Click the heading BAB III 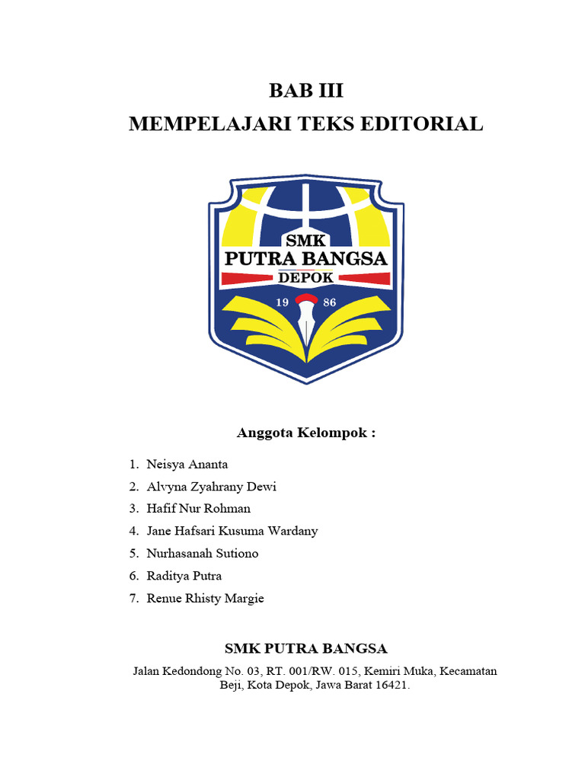coord(306,91)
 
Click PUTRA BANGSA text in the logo coord(306,259)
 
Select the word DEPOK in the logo coord(306,278)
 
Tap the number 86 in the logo coord(330,302)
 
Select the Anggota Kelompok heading coord(306,433)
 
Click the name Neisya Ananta coord(187,464)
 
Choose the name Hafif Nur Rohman coord(198,508)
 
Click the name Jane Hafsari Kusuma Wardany coord(232,531)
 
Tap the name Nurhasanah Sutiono coord(202,553)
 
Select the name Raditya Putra coord(184,576)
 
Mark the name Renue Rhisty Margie coord(205,598)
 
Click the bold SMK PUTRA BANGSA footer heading coord(306,648)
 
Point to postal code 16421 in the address coord(392,686)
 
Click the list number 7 coord(133,598)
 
